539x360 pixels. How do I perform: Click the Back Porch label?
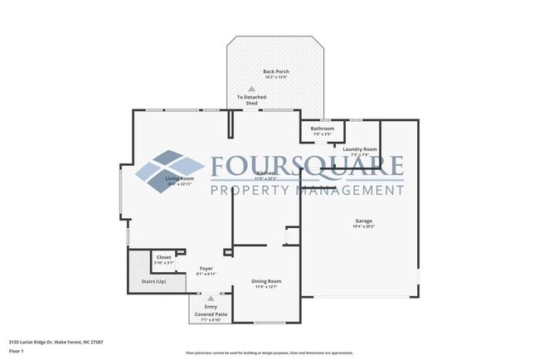point(275,72)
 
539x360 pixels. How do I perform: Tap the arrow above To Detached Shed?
point(251,89)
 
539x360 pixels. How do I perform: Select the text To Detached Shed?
point(251,100)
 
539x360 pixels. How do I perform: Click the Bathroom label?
point(323,129)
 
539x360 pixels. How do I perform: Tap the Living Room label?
point(179,178)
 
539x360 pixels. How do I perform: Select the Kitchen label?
point(265,173)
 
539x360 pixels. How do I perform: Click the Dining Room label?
point(266,282)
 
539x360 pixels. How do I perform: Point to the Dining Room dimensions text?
point(266,288)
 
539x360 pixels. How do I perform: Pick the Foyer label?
point(205,268)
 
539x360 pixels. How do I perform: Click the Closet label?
point(164,257)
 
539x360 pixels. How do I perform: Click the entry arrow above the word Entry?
point(210,299)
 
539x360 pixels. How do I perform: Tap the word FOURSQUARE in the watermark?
point(306,167)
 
